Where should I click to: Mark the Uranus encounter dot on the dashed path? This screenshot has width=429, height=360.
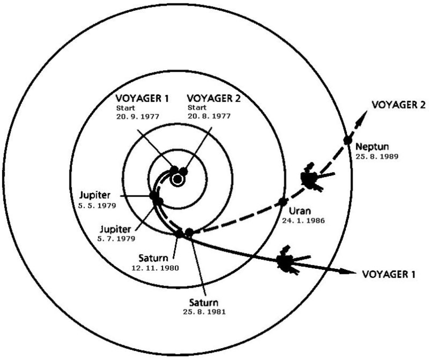tap(282, 202)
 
